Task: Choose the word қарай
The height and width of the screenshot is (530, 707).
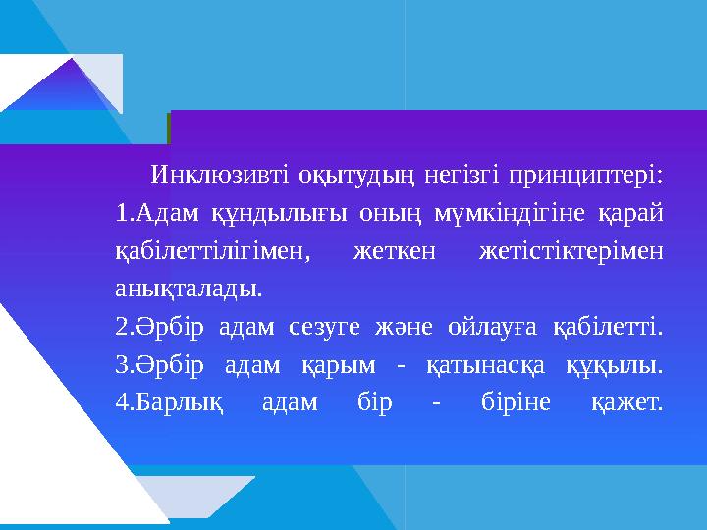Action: pyautogui.click(x=629, y=214)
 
